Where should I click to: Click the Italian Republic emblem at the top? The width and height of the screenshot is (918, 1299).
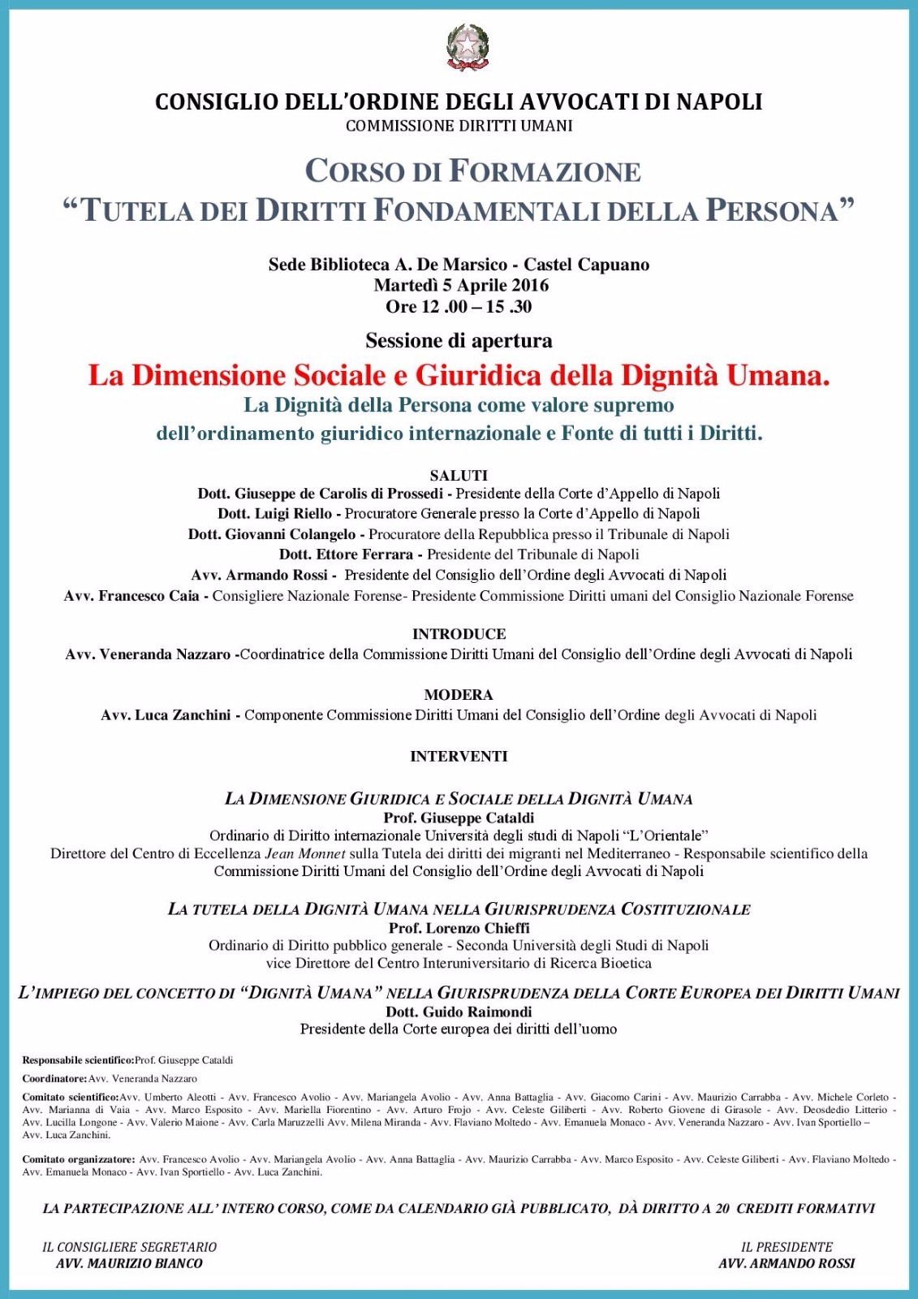click(468, 47)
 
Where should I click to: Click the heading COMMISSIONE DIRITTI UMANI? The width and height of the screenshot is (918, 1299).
click(459, 126)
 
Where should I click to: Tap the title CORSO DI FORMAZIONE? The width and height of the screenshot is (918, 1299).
click(472, 171)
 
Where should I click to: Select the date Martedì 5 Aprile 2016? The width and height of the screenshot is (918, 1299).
click(460, 285)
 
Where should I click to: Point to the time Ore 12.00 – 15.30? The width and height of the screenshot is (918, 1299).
click(459, 306)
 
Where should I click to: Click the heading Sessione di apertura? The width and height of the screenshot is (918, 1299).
click(459, 340)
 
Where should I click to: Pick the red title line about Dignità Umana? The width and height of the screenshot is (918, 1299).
click(459, 375)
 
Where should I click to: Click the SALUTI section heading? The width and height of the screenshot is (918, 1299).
click(459, 475)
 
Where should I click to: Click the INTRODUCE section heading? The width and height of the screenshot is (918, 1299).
click(459, 634)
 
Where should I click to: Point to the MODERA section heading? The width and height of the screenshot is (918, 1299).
click(459, 695)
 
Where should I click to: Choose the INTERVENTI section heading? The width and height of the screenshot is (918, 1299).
click(459, 757)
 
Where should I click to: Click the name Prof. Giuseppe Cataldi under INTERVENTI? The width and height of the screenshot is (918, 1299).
click(459, 818)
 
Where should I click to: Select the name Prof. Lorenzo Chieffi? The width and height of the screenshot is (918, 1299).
click(459, 928)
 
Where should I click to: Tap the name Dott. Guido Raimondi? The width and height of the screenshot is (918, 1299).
click(459, 1012)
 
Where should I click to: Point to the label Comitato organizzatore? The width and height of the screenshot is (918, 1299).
click(78, 1159)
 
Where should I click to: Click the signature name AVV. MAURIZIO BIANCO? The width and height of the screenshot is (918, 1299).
click(129, 1263)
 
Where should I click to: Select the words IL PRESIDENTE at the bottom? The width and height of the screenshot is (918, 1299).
click(787, 1247)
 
